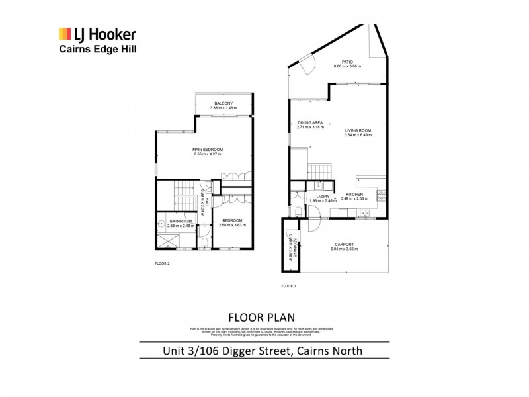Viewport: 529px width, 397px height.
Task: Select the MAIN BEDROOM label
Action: (208, 150)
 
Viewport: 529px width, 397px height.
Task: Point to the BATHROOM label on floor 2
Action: (180, 221)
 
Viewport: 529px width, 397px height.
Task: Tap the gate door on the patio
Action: (305, 65)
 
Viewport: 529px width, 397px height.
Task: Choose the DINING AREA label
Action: (310, 123)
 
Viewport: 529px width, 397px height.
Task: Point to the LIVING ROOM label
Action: (358, 130)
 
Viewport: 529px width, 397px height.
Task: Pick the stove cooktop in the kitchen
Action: (381, 194)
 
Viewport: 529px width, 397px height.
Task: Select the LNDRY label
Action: (323, 196)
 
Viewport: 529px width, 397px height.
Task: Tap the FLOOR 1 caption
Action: (289, 285)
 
